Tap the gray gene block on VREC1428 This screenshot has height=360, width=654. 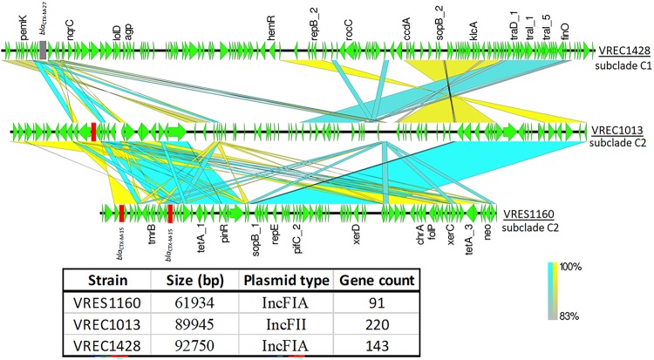pos(43,51)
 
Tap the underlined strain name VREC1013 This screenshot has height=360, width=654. pos(617,130)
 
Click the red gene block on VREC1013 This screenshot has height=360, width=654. pos(92,131)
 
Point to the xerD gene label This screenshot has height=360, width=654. pos(356,235)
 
